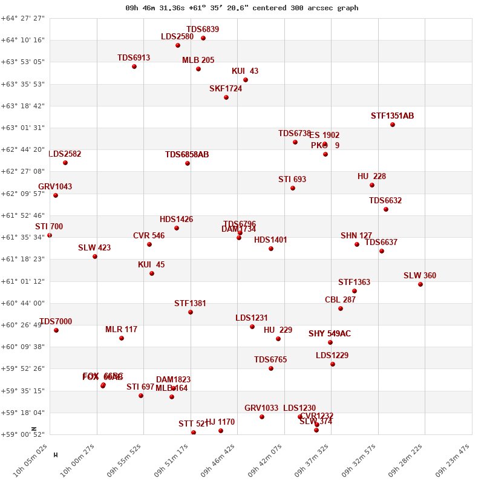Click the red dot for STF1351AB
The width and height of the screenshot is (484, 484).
393,125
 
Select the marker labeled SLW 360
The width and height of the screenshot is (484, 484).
420,284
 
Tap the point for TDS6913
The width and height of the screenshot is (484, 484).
134,67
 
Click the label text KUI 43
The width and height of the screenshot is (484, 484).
245,71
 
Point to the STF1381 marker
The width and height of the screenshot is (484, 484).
191,312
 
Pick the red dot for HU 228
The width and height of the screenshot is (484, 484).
372,185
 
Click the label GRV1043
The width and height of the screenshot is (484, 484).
55,187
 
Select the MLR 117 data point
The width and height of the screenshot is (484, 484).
122,338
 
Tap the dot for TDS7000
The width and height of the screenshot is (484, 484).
56,330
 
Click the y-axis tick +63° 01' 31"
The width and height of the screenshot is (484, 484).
24,128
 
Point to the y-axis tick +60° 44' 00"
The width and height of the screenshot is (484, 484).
24,303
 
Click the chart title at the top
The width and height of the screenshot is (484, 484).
242,8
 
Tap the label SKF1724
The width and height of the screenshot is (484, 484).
226,89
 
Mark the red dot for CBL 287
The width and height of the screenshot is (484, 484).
341,309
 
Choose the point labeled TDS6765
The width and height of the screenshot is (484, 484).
271,368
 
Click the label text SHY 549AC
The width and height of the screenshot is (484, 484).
330,334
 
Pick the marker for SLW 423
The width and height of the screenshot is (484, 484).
95,257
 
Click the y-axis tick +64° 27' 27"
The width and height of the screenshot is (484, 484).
24,18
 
